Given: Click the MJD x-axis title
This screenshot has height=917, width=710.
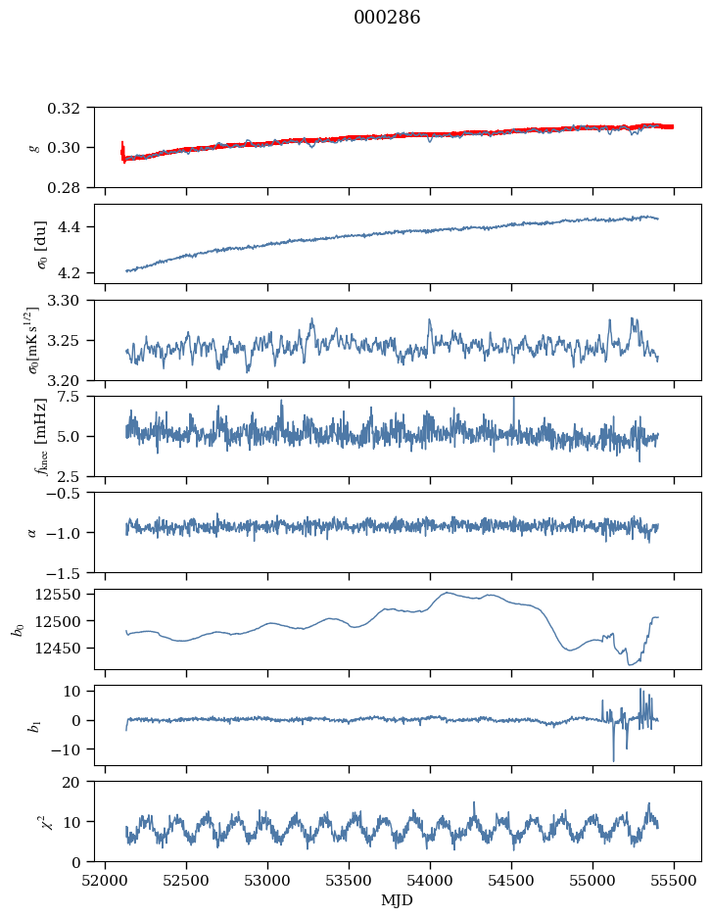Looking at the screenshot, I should [398, 900].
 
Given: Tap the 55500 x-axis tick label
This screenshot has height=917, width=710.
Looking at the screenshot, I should [674, 879].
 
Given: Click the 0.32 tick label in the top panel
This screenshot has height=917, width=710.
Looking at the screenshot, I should [73, 108].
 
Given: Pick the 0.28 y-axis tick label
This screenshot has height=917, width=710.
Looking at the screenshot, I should [73, 187].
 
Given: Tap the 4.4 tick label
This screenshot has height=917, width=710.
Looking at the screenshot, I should [80, 227].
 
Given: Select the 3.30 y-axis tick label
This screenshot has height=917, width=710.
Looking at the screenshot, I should [73, 301].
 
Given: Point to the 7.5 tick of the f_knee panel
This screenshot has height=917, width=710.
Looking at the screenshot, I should [80, 397].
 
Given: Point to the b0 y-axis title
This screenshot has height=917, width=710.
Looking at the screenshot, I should [17, 628].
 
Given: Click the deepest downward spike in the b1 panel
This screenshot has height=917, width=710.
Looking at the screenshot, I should [614, 761].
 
